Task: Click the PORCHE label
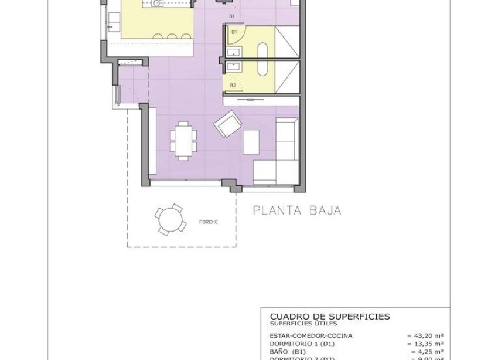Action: pyautogui.click(x=209, y=222)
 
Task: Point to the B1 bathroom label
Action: pyautogui.click(x=234, y=32)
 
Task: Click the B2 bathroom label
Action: pyautogui.click(x=233, y=86)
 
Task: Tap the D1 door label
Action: pyautogui.click(x=232, y=16)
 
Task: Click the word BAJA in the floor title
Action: pyautogui.click(x=325, y=210)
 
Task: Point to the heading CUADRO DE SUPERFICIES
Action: pyautogui.click(x=330, y=316)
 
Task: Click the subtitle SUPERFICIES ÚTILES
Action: pyautogui.click(x=303, y=323)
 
